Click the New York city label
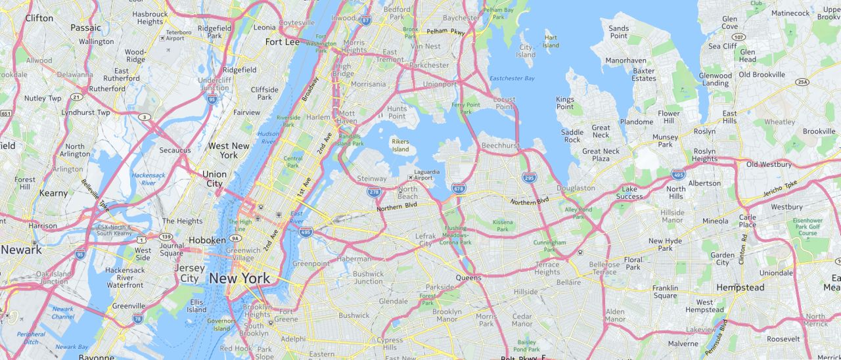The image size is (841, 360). [239, 279]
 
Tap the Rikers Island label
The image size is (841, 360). [400, 145]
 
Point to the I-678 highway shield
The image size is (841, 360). [459, 189]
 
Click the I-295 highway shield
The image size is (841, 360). [529, 177]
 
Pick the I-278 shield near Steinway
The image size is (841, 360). [374, 192]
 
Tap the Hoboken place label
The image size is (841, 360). [207, 240]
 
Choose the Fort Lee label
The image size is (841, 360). [282, 42]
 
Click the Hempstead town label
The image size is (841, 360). [740, 288]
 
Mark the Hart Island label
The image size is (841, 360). [551, 41]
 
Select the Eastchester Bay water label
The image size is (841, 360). [512, 78]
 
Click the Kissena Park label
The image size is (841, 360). [503, 225]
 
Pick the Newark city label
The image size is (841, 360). [21, 250]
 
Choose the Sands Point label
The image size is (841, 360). [618, 32]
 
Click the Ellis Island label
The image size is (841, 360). [196, 306]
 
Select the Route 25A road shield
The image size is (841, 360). [802, 82]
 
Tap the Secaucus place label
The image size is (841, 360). [175, 150]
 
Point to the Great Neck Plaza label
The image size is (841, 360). [601, 155]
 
